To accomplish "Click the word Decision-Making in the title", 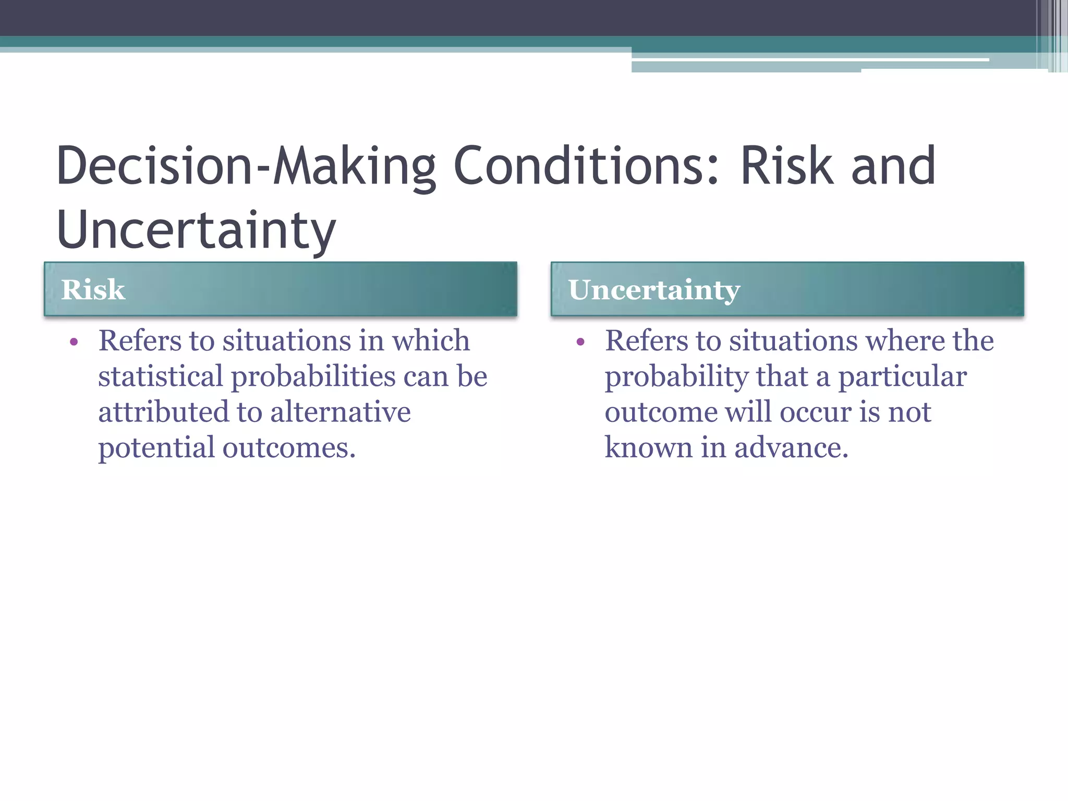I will pos(246,166).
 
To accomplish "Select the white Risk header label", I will pos(93,289).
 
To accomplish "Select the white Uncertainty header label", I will pos(654,290).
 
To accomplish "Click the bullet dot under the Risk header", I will pos(74,343).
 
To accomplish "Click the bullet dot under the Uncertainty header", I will pos(581,343).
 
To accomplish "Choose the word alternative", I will pos(340,412).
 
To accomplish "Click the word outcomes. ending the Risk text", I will pos(289,447).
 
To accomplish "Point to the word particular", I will pos(902,377).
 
